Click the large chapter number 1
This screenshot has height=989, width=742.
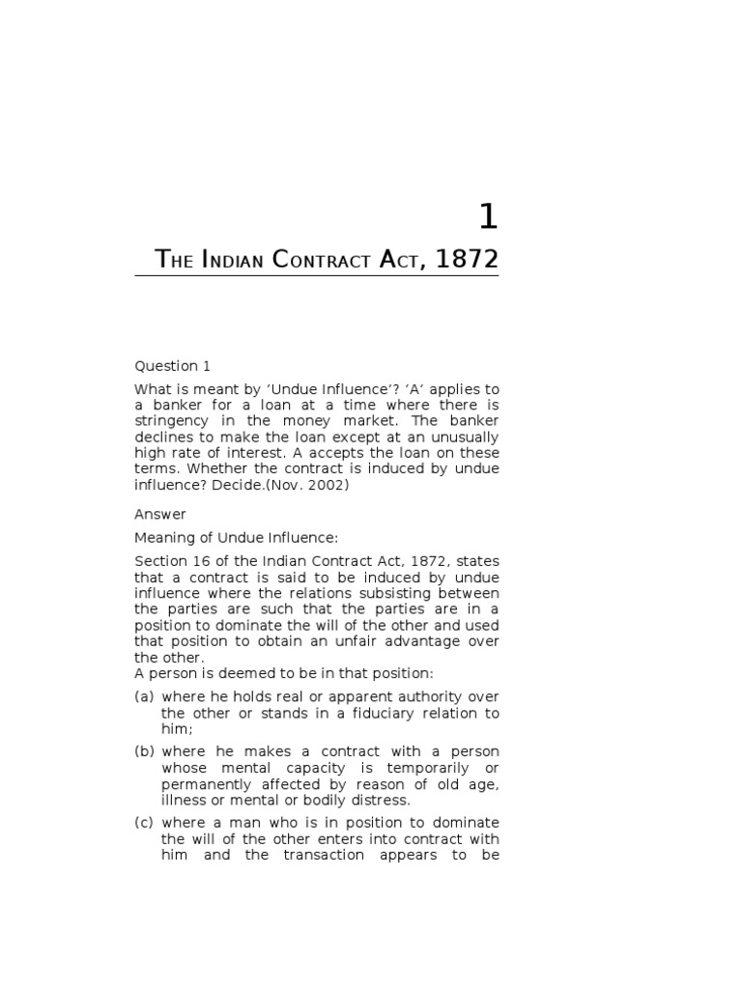tap(488, 217)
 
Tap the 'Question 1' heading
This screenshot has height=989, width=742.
tap(172, 366)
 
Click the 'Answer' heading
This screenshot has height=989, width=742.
tap(159, 515)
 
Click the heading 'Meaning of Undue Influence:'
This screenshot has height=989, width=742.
tap(236, 538)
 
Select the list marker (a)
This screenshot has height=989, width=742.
tap(145, 697)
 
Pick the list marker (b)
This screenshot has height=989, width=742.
tap(145, 751)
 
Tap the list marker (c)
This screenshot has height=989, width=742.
tap(145, 823)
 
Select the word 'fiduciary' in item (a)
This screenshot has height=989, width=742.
tap(390, 714)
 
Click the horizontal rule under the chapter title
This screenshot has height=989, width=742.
tap(317, 277)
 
